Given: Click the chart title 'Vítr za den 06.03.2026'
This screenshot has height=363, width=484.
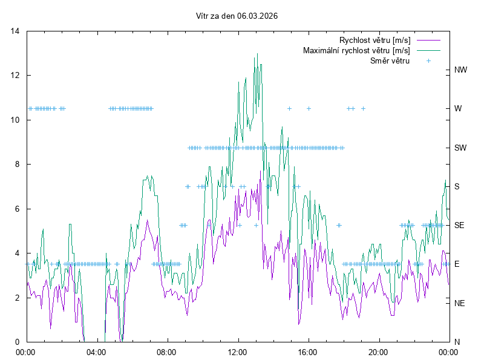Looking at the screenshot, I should (237, 16).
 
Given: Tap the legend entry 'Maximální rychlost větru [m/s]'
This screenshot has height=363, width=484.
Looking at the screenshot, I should (356, 50).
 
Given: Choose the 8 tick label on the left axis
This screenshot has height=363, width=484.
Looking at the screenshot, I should (18, 164).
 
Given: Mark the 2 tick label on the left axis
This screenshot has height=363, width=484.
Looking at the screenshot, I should (18, 298).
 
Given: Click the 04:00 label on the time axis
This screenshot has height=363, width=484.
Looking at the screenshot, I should (96, 352).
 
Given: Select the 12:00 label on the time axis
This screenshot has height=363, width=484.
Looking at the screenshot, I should (237, 352).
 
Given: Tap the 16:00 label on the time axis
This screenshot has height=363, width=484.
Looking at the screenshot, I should (308, 352).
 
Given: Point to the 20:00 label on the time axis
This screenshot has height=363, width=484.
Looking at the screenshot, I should (379, 352).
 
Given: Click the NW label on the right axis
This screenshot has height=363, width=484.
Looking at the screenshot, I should (460, 70).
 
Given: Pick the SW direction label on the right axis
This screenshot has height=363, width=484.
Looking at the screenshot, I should (460, 148).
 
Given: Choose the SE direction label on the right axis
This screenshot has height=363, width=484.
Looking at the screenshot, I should (459, 225).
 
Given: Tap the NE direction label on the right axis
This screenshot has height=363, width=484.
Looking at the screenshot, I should (459, 302).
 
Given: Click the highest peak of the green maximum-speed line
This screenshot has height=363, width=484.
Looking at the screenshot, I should (257, 54).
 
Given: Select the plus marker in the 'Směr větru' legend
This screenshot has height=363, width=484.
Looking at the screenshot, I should (428, 60).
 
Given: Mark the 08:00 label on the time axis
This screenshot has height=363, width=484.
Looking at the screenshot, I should (166, 352).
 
